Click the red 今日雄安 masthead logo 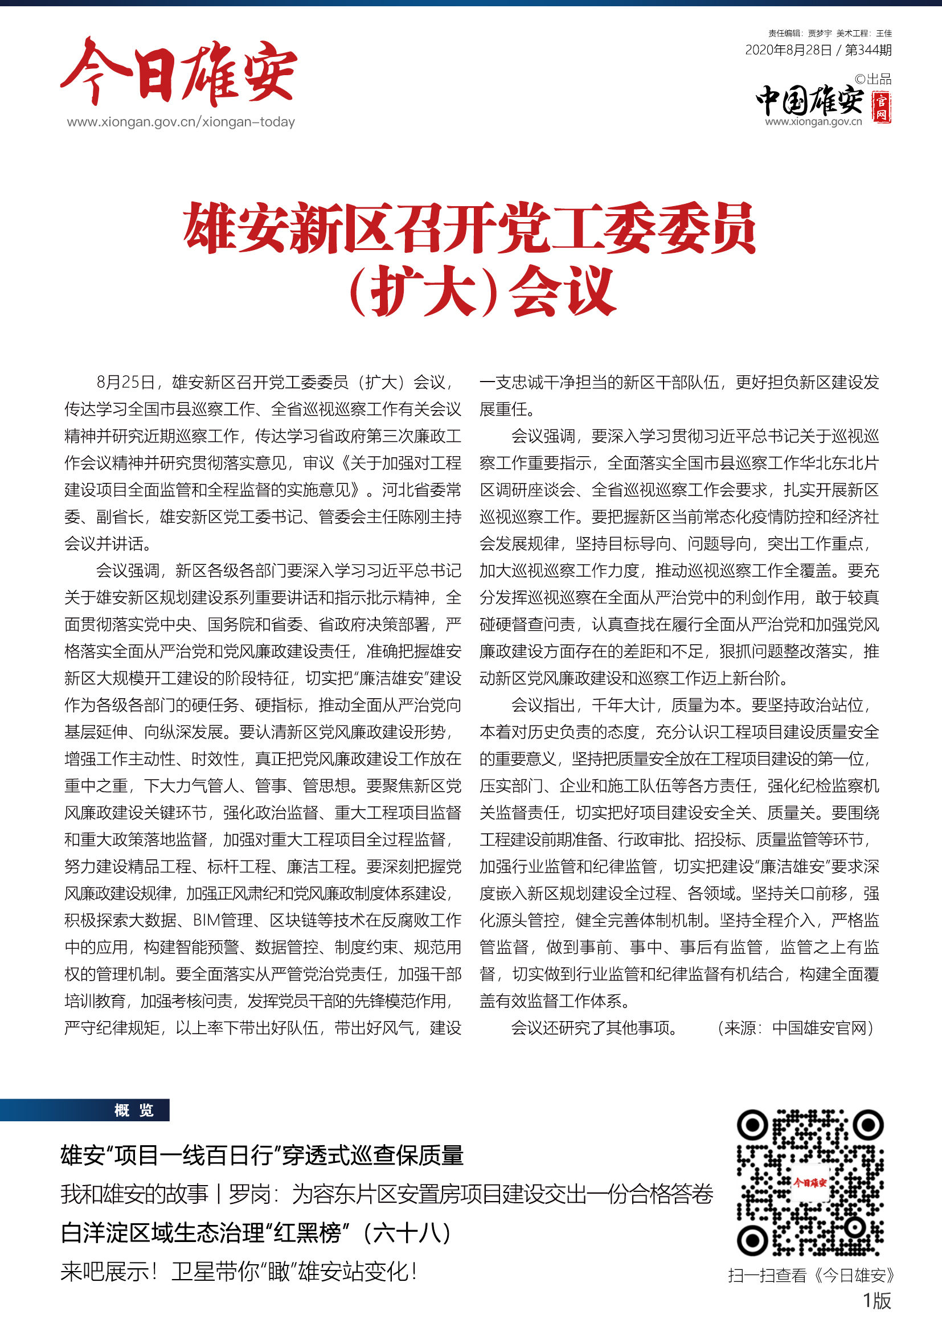[179, 72]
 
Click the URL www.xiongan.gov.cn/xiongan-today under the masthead [181, 122]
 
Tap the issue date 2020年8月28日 [788, 51]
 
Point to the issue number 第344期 [868, 51]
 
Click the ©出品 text [873, 79]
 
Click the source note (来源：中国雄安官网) [795, 1028]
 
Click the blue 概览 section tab [133, 1110]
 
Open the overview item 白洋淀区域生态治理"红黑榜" [255, 1233]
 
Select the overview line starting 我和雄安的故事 [386, 1195]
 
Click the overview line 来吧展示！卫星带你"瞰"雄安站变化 [239, 1272]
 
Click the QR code [810, 1183]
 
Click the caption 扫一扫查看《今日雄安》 [811, 1275]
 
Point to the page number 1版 [877, 1301]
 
